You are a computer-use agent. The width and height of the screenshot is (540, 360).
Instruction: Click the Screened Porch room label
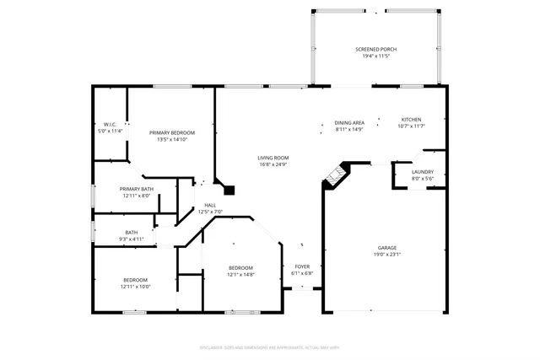coord(375,50)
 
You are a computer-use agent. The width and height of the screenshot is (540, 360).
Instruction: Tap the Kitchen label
coord(411,120)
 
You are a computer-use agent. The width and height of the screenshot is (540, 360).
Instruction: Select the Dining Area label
coord(349,123)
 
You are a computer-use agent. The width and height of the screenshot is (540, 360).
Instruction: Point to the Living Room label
coord(274,158)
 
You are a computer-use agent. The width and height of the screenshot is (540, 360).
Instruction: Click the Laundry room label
coord(422,172)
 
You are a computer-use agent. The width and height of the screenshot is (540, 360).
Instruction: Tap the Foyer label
coord(302,267)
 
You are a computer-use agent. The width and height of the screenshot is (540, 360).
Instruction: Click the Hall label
coord(209,206)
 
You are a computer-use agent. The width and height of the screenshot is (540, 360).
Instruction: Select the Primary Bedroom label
coord(172,133)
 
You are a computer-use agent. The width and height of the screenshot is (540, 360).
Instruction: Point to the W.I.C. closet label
coord(109,126)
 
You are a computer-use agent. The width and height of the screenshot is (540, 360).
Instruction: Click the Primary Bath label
coord(136,189)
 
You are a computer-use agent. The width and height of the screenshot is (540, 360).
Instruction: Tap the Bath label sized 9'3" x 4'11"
coord(132,233)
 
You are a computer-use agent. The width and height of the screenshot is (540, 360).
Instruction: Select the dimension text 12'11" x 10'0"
coord(136,287)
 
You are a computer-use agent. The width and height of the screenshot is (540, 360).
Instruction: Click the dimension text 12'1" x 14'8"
coord(240,274)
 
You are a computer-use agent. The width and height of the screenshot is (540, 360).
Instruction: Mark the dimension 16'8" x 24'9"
coord(274,164)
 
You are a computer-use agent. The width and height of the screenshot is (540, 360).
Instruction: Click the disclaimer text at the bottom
coord(270,347)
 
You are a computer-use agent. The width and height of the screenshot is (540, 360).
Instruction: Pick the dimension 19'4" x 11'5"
coord(375,56)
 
